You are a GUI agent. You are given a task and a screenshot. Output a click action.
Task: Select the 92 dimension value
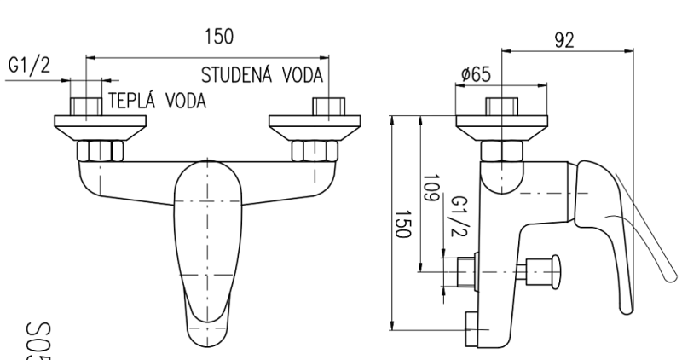(564, 41)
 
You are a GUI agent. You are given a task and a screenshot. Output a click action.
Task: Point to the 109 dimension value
(431, 187)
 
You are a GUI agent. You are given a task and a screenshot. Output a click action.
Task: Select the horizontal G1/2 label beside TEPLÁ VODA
(28, 67)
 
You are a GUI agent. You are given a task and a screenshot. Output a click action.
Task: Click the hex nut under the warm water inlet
(100, 152)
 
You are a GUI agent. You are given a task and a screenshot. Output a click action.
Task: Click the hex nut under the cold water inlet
(315, 152)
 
